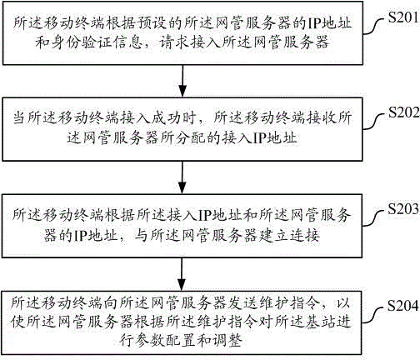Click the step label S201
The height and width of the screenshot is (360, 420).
[403, 17]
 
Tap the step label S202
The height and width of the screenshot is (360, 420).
[403, 112]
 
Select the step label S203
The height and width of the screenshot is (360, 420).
[403, 209]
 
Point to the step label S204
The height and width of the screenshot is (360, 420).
[402, 306]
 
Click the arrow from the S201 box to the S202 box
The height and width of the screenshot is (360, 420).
[182, 81]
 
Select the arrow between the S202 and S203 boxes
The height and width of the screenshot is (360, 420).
[182, 177]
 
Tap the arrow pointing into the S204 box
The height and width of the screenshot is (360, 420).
[182, 274]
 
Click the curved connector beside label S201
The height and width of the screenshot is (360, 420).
[375, 27]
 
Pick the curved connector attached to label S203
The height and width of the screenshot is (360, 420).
[374, 218]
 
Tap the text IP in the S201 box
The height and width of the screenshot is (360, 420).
[313, 23]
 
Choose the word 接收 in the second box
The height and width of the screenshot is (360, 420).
[321, 118]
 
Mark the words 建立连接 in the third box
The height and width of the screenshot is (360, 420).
[289, 236]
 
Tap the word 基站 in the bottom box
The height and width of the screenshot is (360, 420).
[321, 322]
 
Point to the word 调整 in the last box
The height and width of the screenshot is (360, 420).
[227, 341]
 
